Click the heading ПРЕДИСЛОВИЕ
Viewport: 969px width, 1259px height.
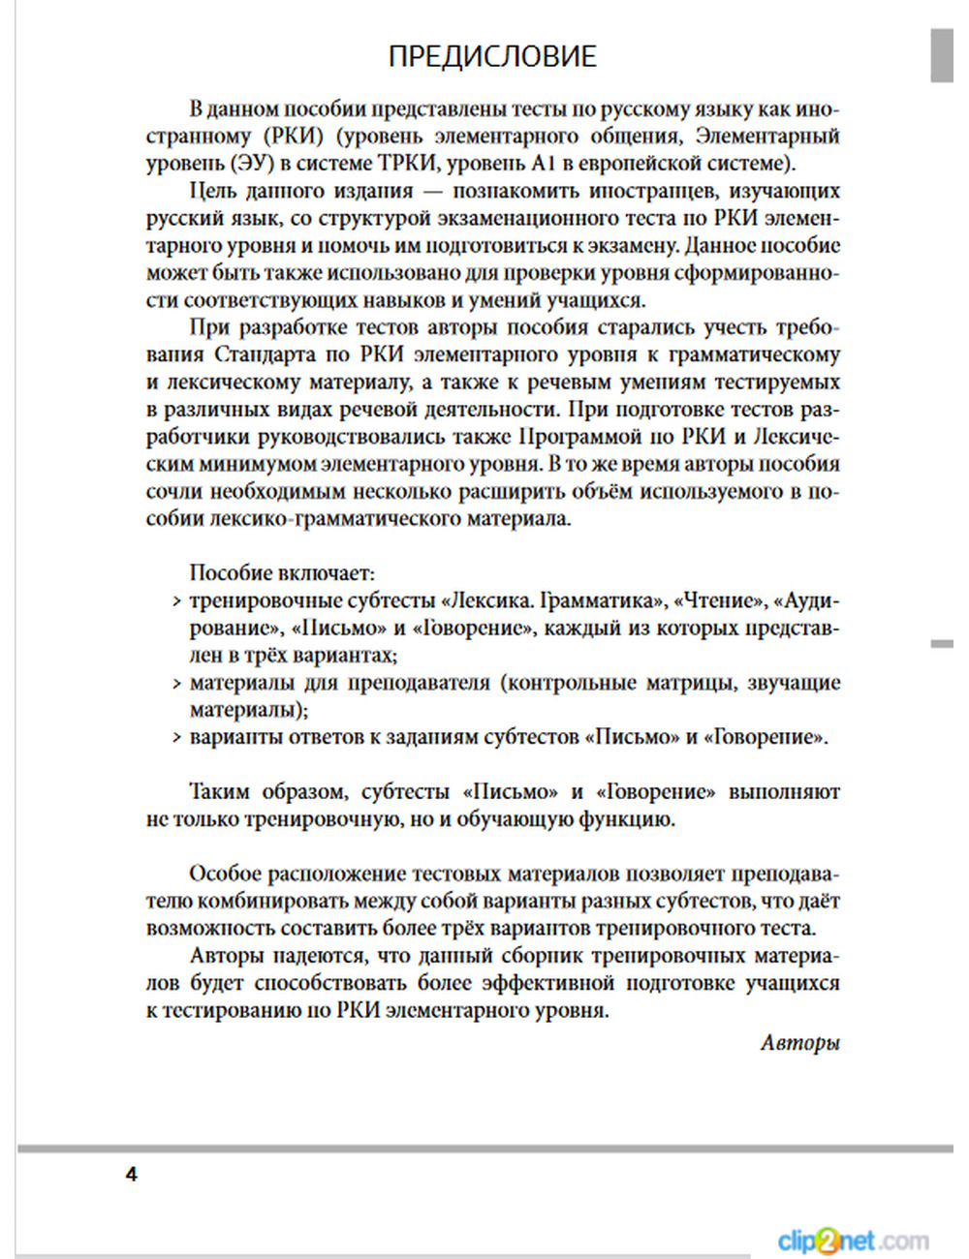coord(491,56)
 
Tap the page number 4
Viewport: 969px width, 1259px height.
coord(132,1175)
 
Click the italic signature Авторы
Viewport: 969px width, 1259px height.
coord(799,1042)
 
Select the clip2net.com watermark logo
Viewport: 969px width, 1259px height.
coord(852,1241)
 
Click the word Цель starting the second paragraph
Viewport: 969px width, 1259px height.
coord(214,191)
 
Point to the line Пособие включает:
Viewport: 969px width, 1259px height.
coord(282,572)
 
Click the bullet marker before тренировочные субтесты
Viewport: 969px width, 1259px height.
coord(176,601)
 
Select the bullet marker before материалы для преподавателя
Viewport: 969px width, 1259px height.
coord(176,684)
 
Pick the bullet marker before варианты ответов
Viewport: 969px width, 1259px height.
coord(176,738)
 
